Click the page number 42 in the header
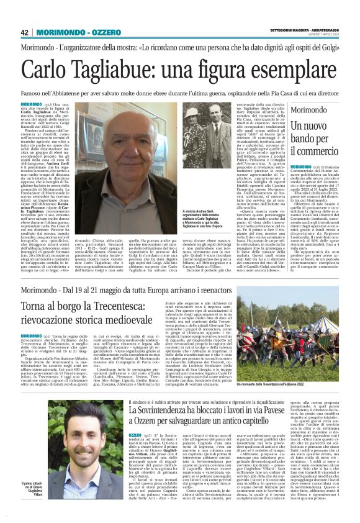tap(25, 32)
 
